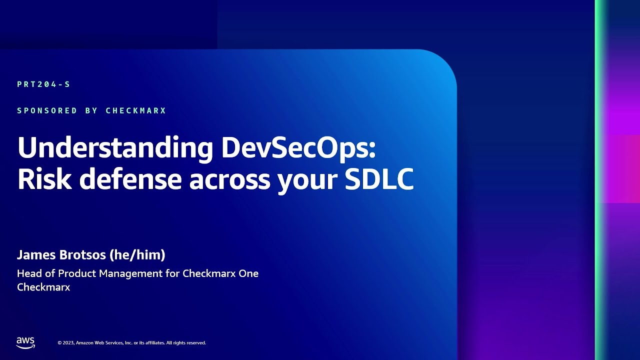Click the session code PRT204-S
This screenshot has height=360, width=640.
click(x=43, y=84)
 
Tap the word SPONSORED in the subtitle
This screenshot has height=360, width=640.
click(x=47, y=110)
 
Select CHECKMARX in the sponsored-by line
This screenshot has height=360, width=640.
click(x=135, y=110)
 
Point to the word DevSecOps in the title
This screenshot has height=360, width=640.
click(x=298, y=148)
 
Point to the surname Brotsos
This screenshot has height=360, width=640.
click(x=82, y=255)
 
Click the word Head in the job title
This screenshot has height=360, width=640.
click(x=29, y=273)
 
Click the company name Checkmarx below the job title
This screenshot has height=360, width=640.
click(x=43, y=287)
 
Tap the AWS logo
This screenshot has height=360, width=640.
click(x=25, y=342)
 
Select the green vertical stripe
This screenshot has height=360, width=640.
click(x=600, y=180)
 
